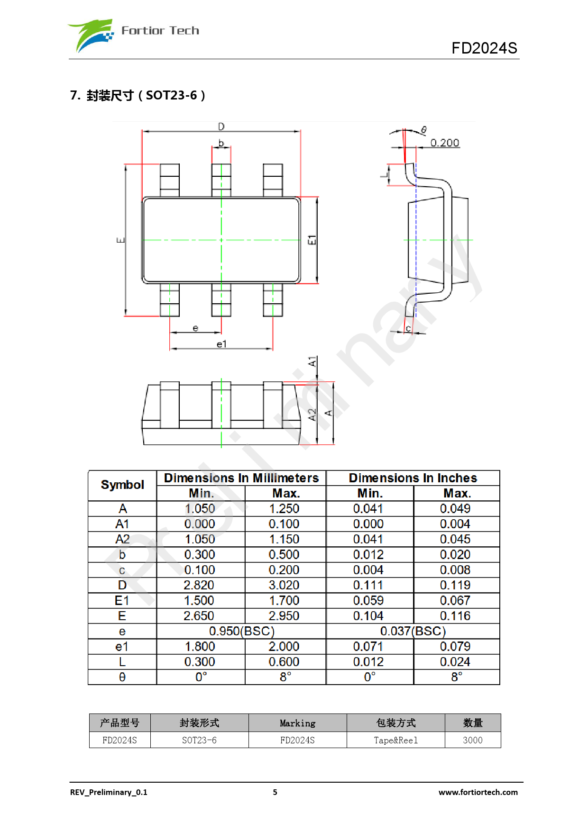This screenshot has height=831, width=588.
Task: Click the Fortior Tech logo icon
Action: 92,35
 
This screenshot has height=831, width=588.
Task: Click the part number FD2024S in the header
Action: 484,48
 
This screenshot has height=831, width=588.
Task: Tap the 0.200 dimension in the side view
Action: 444,143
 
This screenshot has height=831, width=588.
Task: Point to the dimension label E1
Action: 312,240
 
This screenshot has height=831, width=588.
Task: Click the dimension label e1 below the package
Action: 221,344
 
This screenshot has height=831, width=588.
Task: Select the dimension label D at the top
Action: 221,126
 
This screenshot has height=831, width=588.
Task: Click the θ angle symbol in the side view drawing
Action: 423,130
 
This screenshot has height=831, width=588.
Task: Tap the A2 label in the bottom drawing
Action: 312,415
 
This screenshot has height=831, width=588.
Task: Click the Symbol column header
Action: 122,485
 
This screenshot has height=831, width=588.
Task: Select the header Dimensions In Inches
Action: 413,478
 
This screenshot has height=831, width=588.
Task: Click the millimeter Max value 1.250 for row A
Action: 284,508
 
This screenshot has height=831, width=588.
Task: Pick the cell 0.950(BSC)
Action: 241,631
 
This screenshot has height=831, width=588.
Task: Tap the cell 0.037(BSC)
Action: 413,631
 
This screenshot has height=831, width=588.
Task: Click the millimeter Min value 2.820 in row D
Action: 199,585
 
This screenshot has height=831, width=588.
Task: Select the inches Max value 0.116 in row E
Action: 455,616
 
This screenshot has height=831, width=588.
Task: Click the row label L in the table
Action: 122,662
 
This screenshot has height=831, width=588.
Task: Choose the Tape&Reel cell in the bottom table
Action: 395,740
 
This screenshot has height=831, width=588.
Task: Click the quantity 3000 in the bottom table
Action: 472,740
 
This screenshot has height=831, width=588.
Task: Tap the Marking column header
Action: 297,723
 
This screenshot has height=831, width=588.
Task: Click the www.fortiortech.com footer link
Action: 478,792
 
